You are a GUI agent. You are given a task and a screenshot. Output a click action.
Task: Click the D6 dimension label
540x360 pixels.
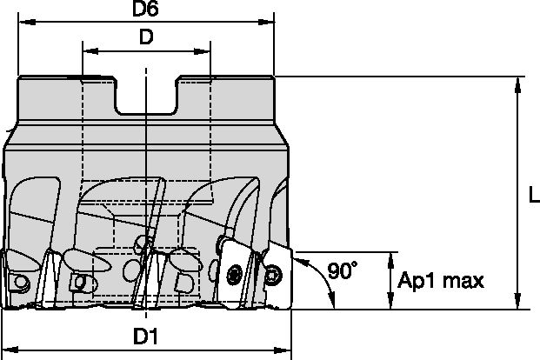tap(144, 10)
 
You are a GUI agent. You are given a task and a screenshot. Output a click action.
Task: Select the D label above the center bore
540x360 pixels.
tap(146, 38)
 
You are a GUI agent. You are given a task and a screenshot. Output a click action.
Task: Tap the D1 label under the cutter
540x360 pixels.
tap(146, 336)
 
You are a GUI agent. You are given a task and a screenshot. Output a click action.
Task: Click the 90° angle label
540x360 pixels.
tap(344, 271)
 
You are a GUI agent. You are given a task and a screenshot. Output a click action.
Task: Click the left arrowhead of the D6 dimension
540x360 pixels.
tap(23, 24)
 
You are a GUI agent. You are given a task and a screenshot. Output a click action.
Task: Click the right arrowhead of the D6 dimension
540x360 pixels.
tap(268, 24)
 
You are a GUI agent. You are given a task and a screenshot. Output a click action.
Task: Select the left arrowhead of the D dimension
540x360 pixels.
tap(88, 51)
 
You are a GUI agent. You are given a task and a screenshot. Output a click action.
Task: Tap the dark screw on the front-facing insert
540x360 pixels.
tap(233, 275)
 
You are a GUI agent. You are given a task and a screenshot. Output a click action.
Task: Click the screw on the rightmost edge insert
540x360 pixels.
tap(276, 275)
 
